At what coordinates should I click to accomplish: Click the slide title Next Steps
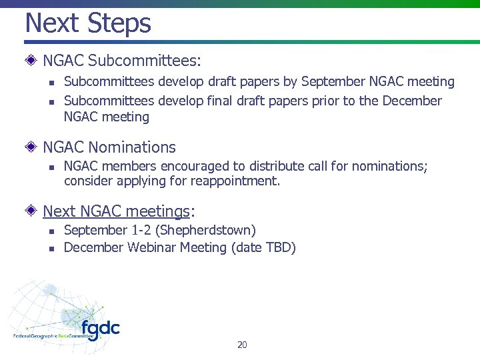coord(88,23)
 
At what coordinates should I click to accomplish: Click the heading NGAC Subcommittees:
coord(121,61)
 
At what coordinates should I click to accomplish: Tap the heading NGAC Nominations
coord(109,147)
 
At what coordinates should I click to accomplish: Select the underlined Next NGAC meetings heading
coord(117,211)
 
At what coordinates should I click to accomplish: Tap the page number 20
coord(242,345)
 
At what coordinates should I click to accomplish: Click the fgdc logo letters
coord(100,329)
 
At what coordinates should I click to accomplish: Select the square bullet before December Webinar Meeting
coord(51,249)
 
